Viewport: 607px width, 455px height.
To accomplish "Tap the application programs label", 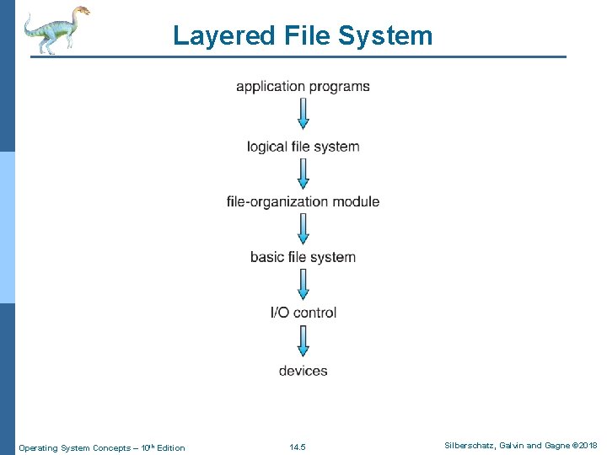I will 303,87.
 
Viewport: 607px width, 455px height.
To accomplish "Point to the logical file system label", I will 303,147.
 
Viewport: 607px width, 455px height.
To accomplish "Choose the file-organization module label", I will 303,201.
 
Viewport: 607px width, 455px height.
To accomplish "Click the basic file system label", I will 303,257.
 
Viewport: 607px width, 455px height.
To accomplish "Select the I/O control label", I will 303,313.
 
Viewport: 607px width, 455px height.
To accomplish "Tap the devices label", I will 303,371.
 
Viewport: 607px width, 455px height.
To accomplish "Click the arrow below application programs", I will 303,115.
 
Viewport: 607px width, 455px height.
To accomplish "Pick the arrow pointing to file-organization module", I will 303,174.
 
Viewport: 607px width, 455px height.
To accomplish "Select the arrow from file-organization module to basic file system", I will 303,228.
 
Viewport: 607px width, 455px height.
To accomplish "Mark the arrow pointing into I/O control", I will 303,284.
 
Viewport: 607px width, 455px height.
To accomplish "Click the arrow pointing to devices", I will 303,340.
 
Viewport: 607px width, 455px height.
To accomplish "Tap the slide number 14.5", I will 298,447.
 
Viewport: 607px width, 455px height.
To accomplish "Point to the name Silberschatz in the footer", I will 469,446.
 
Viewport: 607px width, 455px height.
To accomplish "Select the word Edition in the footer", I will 170,447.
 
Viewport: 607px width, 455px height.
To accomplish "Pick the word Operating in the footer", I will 38,447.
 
